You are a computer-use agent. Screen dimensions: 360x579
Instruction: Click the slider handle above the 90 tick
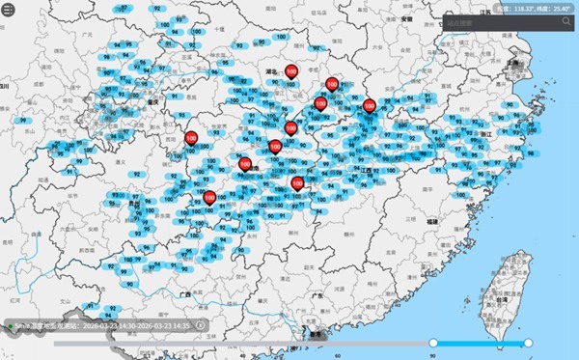433,343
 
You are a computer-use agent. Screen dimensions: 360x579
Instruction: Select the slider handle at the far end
528,343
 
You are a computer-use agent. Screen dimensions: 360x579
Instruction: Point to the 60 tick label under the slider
338,354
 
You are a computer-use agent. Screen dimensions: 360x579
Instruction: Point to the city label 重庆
152,100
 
